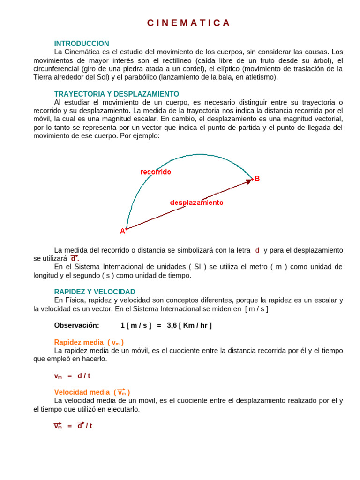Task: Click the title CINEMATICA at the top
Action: click(188, 23)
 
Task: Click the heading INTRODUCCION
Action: click(82, 44)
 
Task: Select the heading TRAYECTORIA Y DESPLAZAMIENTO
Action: click(117, 94)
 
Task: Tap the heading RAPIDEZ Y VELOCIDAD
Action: click(95, 292)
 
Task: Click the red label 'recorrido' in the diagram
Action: click(156, 172)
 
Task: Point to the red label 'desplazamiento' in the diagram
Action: click(196, 202)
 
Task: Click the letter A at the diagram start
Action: click(122, 231)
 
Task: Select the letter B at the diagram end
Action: click(257, 179)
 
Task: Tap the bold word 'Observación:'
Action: click(77, 325)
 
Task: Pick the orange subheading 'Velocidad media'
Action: click(82, 392)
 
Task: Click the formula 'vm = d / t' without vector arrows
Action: click(72, 376)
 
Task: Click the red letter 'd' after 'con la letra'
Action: click(257, 250)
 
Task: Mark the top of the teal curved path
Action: click(200, 154)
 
